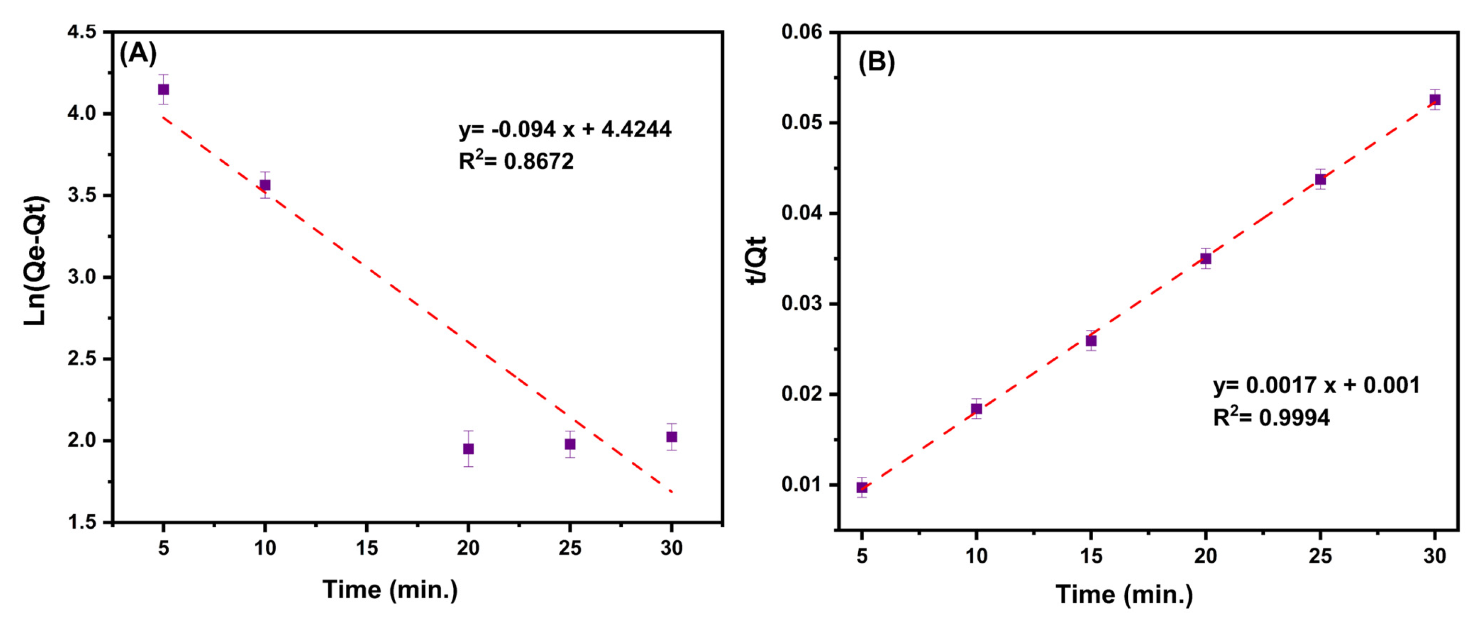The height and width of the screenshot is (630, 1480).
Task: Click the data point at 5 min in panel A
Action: (163, 90)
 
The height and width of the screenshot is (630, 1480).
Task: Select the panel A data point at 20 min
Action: (468, 448)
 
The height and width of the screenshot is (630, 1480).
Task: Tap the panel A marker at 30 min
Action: (671, 437)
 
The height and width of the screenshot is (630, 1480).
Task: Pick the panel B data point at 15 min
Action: (1090, 340)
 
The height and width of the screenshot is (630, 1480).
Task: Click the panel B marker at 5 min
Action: (861, 487)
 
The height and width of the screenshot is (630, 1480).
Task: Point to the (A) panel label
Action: (138, 53)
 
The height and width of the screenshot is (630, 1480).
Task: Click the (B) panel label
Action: (876, 61)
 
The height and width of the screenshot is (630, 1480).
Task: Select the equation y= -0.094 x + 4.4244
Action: (564, 129)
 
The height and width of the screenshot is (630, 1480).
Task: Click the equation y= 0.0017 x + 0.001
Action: (1316, 385)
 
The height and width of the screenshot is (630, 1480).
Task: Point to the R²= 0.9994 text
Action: (1270, 417)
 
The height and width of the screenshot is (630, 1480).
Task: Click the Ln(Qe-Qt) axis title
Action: (36, 261)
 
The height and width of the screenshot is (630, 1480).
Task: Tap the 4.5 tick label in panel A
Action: (82, 32)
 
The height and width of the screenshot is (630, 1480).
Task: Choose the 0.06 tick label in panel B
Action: (802, 32)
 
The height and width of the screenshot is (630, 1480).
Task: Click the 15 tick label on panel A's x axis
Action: (367, 548)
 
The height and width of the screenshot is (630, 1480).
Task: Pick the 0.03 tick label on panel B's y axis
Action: (802, 304)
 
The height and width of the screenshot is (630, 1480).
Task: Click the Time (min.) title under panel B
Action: (1124, 594)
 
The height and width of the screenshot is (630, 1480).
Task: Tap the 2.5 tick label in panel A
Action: (82, 359)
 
